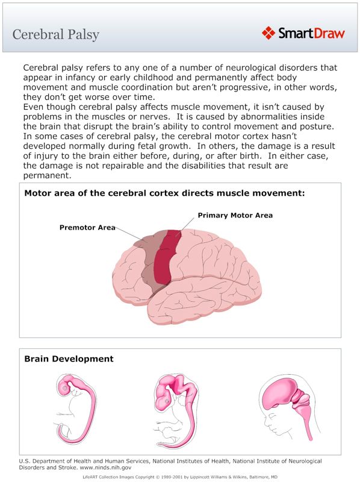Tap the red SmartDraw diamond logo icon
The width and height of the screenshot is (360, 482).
click(x=268, y=33)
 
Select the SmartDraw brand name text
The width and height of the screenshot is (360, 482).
click(x=311, y=33)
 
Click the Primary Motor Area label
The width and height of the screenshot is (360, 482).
click(x=235, y=215)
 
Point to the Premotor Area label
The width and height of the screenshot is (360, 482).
click(x=87, y=228)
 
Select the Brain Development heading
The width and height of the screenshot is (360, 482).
click(x=69, y=359)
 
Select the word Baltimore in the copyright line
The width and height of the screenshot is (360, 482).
click(x=250, y=476)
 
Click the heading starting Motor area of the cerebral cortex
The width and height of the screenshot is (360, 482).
click(x=164, y=193)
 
